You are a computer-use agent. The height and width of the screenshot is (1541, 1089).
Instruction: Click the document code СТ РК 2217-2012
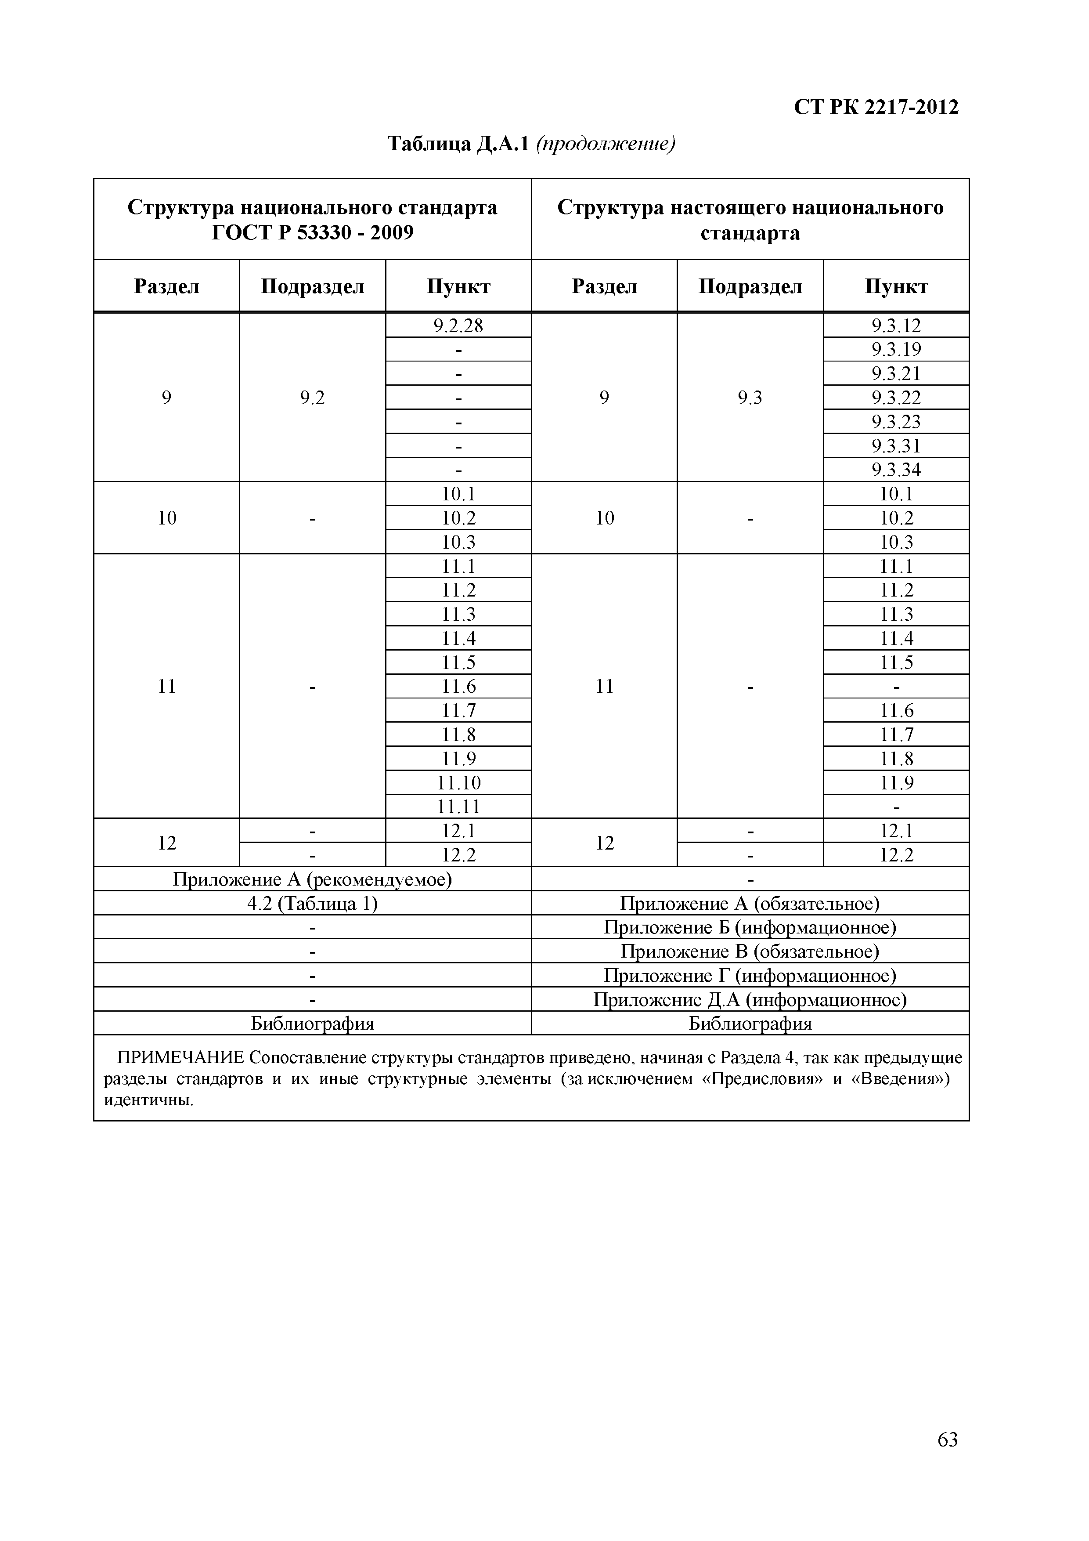coord(876,107)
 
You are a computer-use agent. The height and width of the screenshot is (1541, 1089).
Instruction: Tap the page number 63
coord(948,1439)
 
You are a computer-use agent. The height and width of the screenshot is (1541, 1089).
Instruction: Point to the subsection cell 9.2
coord(312,398)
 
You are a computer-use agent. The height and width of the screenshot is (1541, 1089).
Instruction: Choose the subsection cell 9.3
coord(750,398)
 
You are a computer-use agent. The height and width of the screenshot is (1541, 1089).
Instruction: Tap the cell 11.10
coord(458,783)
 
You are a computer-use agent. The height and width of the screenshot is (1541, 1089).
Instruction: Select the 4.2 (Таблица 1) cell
coord(312,904)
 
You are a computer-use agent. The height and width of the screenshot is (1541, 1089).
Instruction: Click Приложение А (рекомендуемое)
coord(312,879)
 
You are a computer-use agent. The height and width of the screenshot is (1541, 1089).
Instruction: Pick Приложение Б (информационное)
coord(750,928)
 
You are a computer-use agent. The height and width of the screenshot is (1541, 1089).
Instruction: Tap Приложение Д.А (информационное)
coord(750,1000)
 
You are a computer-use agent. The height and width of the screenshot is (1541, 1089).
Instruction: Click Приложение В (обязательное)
coord(750,952)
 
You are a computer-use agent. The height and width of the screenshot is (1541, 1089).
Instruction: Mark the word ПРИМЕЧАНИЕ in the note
coord(180,1058)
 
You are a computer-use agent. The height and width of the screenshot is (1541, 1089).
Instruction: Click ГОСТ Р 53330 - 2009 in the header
coord(312,233)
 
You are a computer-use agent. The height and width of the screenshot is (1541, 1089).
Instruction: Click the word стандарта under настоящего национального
coord(750,233)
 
